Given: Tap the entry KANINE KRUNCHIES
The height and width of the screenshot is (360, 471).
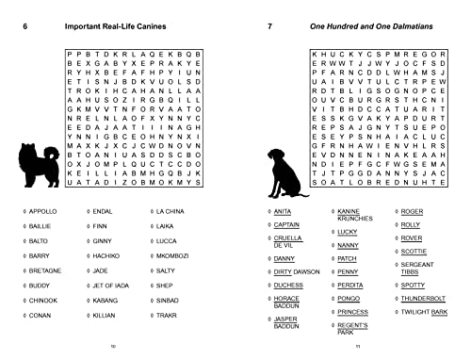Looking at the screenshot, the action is [350, 215].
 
